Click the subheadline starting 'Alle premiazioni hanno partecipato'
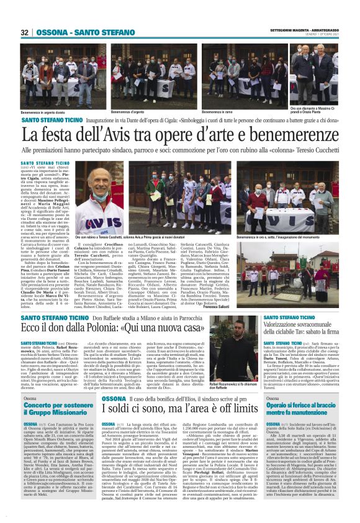[x=179, y=150]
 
